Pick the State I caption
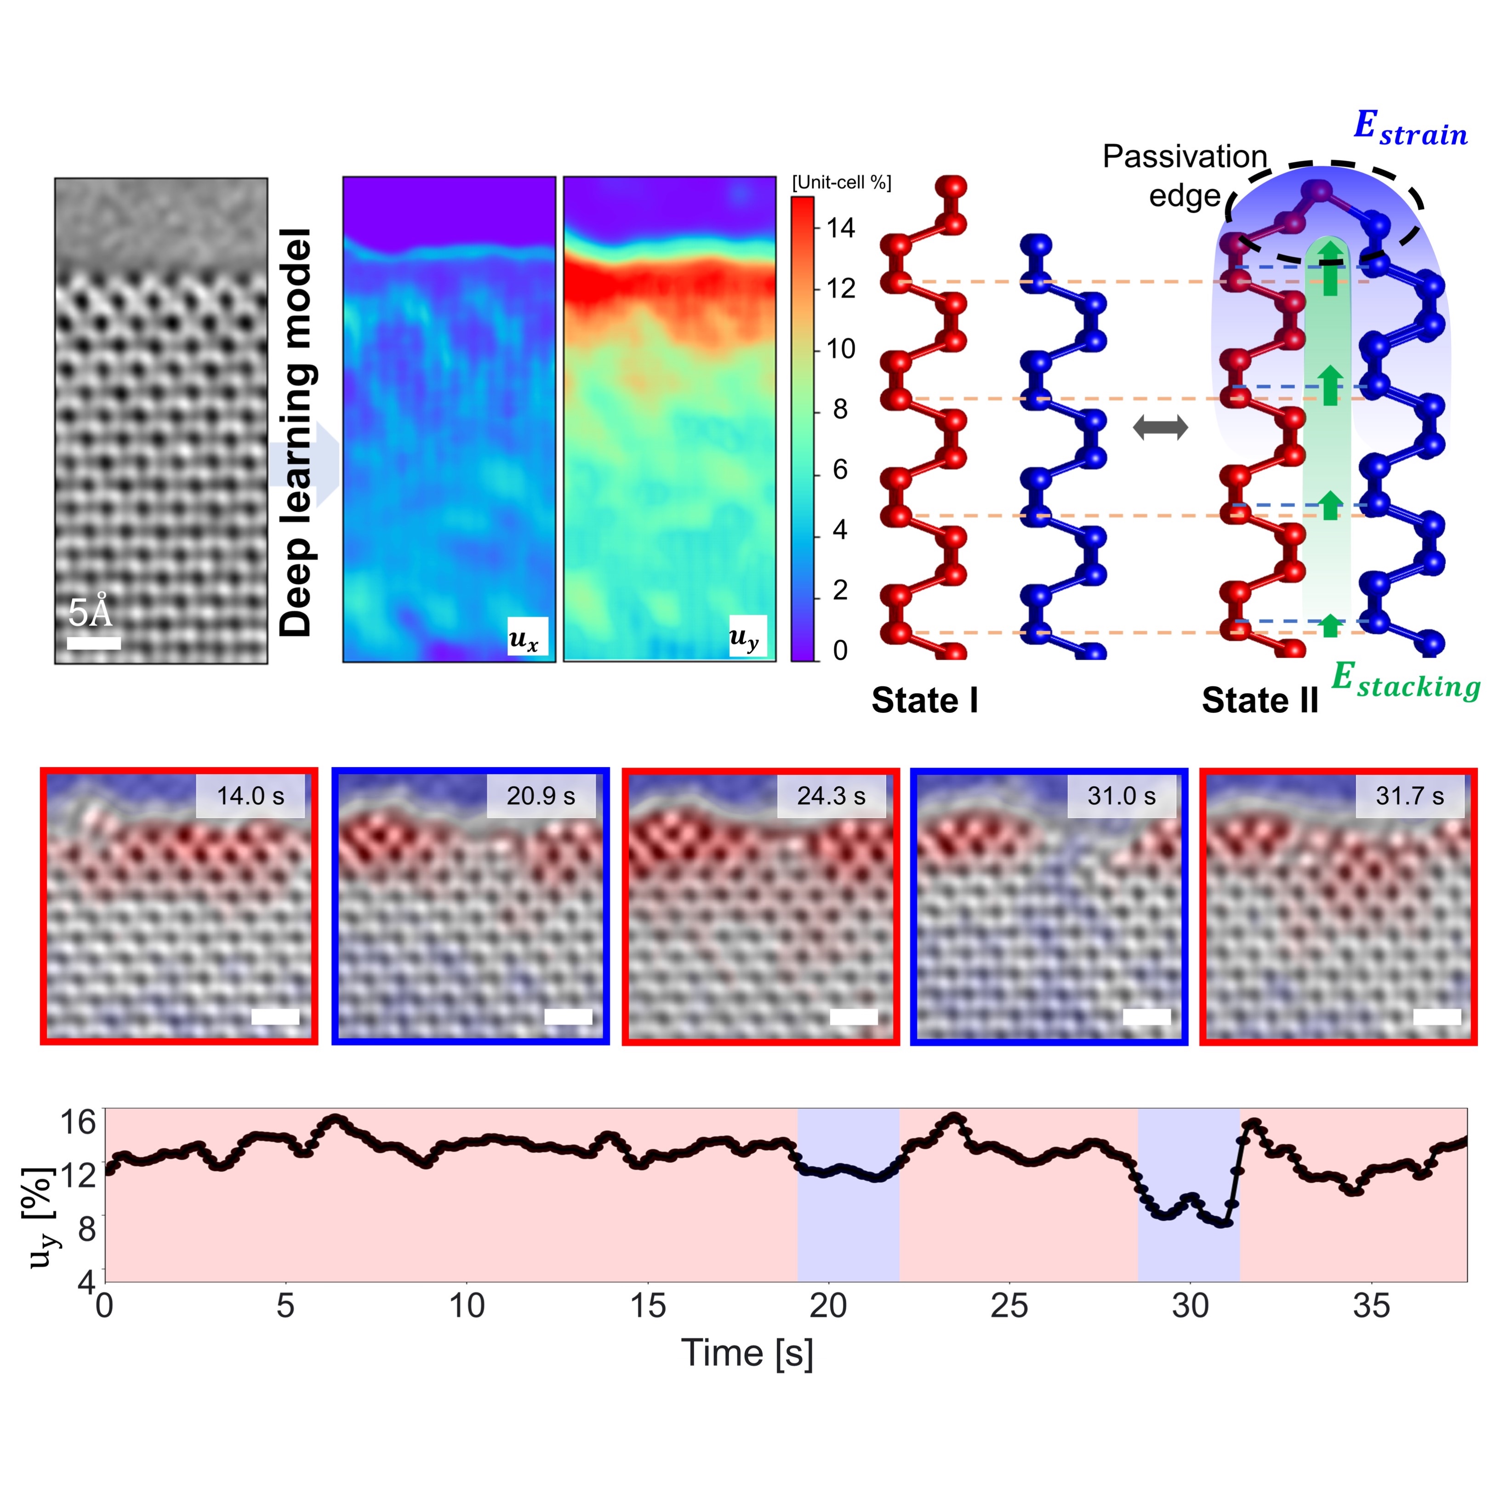click(x=924, y=700)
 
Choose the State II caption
click(x=1259, y=700)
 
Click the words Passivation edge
click(x=1184, y=176)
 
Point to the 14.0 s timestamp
click(x=250, y=796)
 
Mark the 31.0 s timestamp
click(x=1121, y=796)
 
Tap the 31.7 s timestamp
click(x=1409, y=796)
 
